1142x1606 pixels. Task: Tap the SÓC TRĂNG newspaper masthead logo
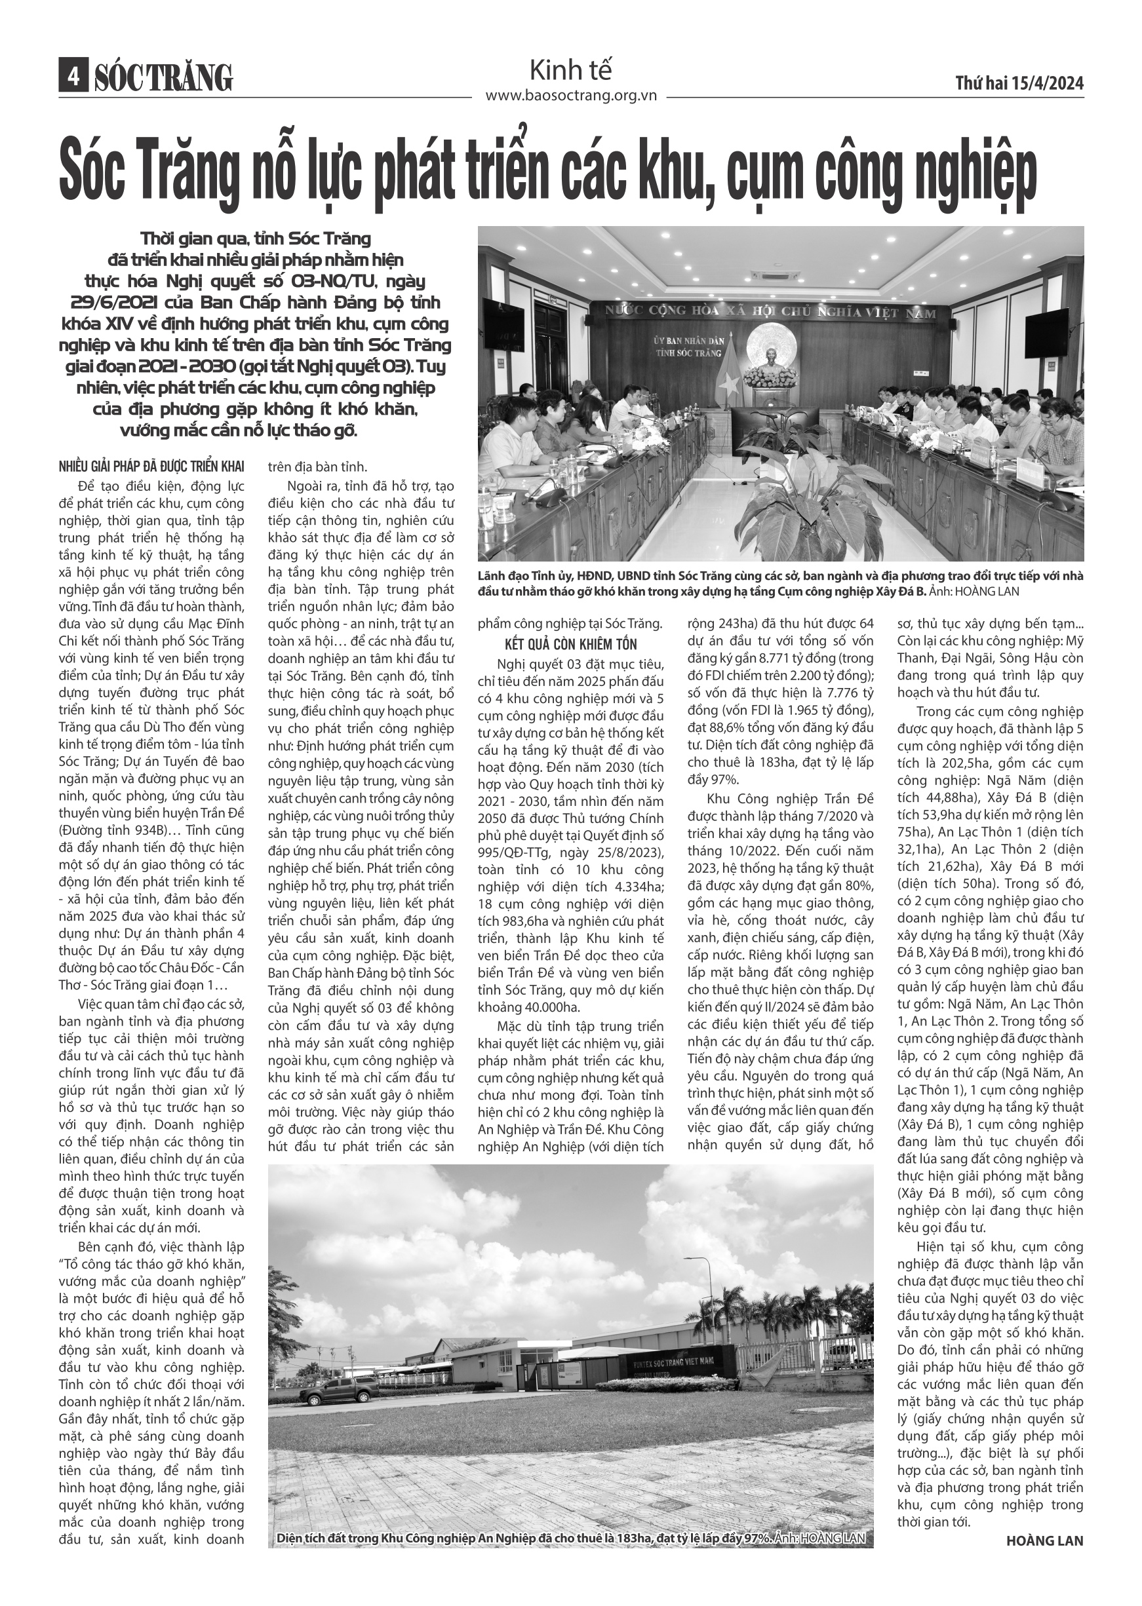tap(163, 78)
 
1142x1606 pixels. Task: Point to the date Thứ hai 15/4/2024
tap(1019, 83)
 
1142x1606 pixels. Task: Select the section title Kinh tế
tap(570, 70)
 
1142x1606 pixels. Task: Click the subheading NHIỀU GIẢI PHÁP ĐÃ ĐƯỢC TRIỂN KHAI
tap(151, 467)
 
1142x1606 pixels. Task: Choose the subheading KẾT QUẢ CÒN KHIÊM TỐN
tap(570, 645)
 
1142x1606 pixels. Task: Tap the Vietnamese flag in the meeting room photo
tap(730, 376)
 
